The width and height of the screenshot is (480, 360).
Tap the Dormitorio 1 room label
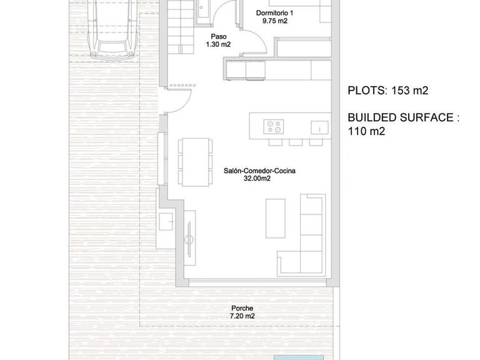click(274, 12)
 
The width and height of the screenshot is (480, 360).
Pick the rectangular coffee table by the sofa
click(275, 220)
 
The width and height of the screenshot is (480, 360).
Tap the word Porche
click(241, 308)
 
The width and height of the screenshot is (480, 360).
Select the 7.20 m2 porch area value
click(241, 316)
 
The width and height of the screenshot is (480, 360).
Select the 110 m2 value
click(366, 131)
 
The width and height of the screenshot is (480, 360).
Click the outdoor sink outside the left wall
click(167, 221)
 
